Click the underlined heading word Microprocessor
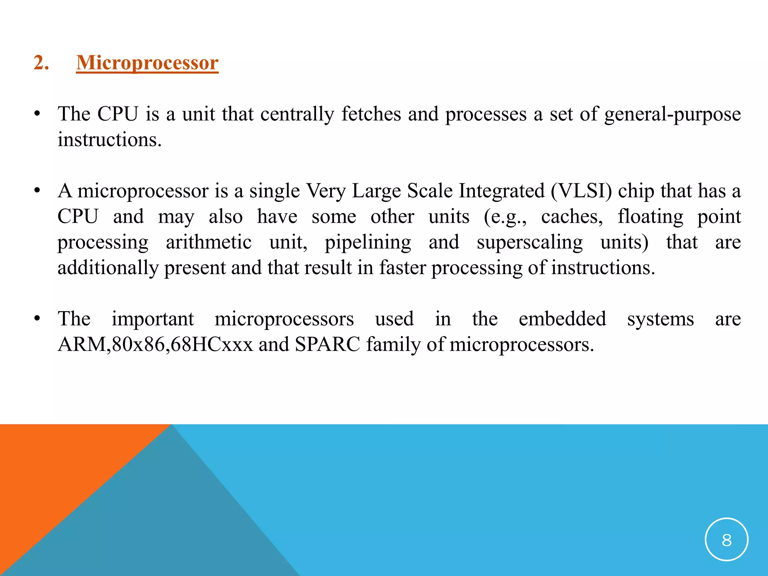point(147,63)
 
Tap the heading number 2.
point(41,63)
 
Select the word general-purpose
point(672,114)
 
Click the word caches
point(571,217)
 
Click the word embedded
point(562,319)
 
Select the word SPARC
point(327,345)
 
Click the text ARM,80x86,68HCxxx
point(155,345)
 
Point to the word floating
point(650,217)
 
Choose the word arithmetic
point(208,242)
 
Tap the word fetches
point(371,114)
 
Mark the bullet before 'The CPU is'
point(37,114)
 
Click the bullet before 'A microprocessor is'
point(37,191)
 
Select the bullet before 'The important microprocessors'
point(37,319)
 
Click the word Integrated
point(502,191)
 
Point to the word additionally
point(108,268)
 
